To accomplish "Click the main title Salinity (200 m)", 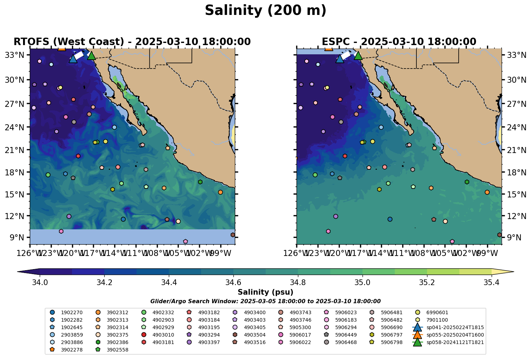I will click(265, 11).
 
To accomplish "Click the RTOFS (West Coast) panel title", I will click(132, 42).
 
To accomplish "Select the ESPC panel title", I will click(399, 42).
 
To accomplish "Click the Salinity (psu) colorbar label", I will click(265, 293).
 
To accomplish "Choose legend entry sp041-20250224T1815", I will click(455, 327).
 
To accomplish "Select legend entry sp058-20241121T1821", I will click(455, 342).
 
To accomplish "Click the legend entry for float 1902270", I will click(72, 313).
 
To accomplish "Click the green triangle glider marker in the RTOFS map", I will click(92, 55).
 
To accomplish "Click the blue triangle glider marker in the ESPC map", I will click(340, 59).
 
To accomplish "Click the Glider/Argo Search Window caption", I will click(265, 301).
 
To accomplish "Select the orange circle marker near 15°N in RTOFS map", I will click(220, 192).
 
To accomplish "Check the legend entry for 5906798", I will click(392, 342).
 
